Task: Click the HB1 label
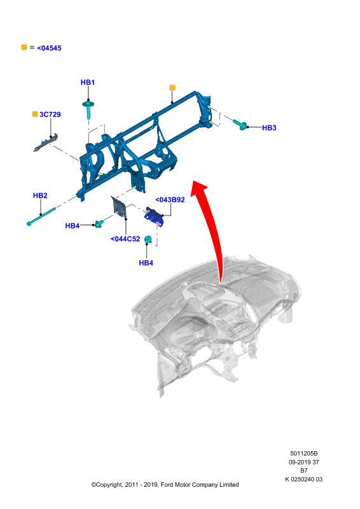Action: tap(87, 83)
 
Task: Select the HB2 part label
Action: tap(40, 195)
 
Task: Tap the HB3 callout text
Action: tap(269, 128)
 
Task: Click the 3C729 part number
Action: tap(50, 115)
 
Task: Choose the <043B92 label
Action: tap(170, 200)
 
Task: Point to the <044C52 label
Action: tap(125, 239)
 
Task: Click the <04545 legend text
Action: tap(49, 48)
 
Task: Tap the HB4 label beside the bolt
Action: tap(73, 226)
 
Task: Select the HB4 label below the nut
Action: tap(146, 263)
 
